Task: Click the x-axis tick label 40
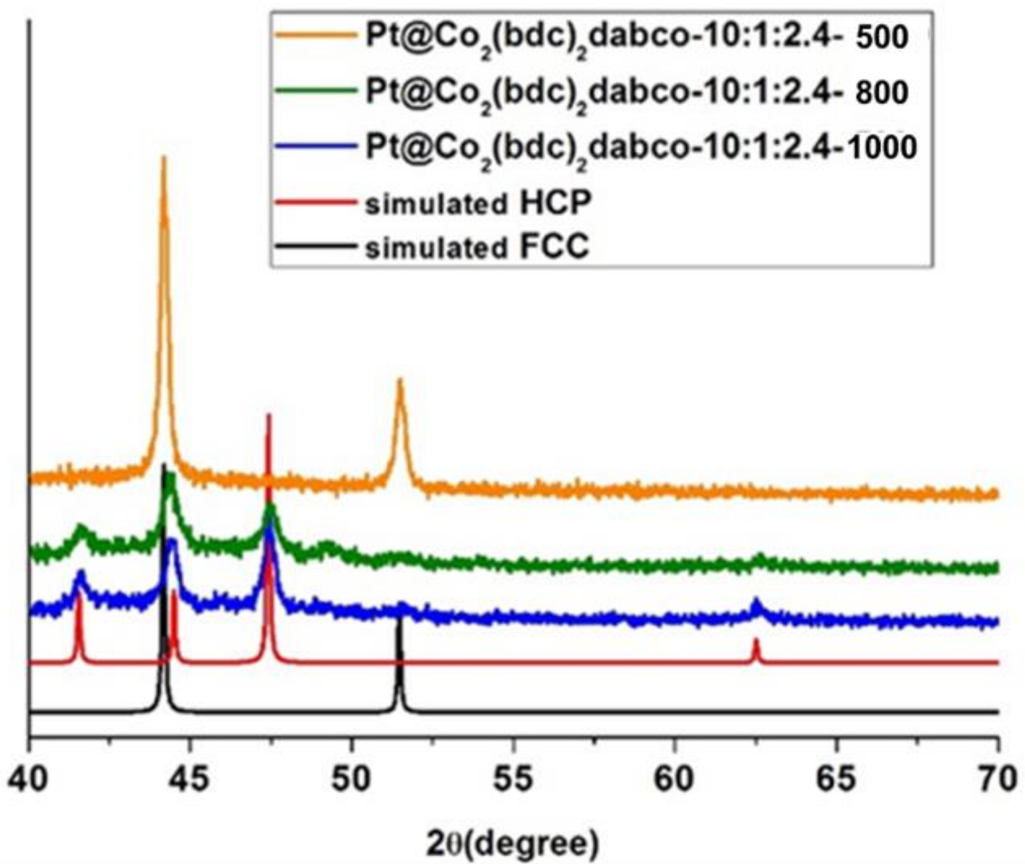[29, 779]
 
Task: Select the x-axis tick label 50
[352, 779]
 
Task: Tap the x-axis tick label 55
[514, 779]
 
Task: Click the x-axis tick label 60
[675, 779]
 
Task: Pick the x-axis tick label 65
[836, 779]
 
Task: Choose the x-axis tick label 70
[996, 779]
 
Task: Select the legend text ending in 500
[636, 38]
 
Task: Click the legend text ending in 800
[636, 92]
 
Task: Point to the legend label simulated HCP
[478, 203]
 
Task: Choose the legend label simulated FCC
[477, 247]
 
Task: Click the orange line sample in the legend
[314, 36]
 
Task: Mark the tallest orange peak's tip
[164, 158]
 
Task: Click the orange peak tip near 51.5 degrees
[400, 380]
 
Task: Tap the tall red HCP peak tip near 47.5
[268, 415]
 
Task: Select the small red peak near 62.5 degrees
[756, 640]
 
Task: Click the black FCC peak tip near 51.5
[399, 619]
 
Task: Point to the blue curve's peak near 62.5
[756, 600]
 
